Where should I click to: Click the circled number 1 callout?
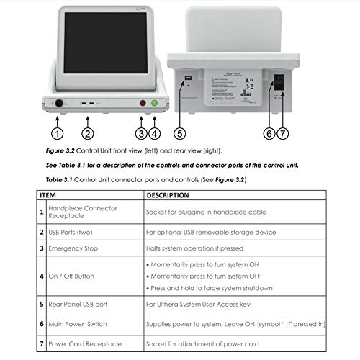(x=58, y=134)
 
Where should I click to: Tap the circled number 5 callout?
(x=180, y=134)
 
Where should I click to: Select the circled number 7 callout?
(x=283, y=134)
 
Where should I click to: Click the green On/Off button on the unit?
(x=155, y=103)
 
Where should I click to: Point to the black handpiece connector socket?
(x=59, y=104)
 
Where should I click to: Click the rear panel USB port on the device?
(x=188, y=78)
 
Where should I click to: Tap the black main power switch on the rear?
(x=279, y=82)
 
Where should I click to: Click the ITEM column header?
(x=48, y=195)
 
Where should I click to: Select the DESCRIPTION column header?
(x=168, y=195)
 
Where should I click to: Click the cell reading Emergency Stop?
(x=73, y=248)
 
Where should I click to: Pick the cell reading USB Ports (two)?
(x=71, y=233)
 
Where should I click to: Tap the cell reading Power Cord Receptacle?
(x=85, y=344)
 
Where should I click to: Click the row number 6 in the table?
(x=42, y=324)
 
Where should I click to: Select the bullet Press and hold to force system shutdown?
(x=210, y=288)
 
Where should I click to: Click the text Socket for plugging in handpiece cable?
(x=206, y=212)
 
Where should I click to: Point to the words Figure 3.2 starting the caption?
(x=60, y=151)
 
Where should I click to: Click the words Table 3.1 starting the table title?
(x=59, y=180)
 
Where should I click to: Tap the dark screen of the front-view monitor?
(x=106, y=43)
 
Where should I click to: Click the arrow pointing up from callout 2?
(x=88, y=122)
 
